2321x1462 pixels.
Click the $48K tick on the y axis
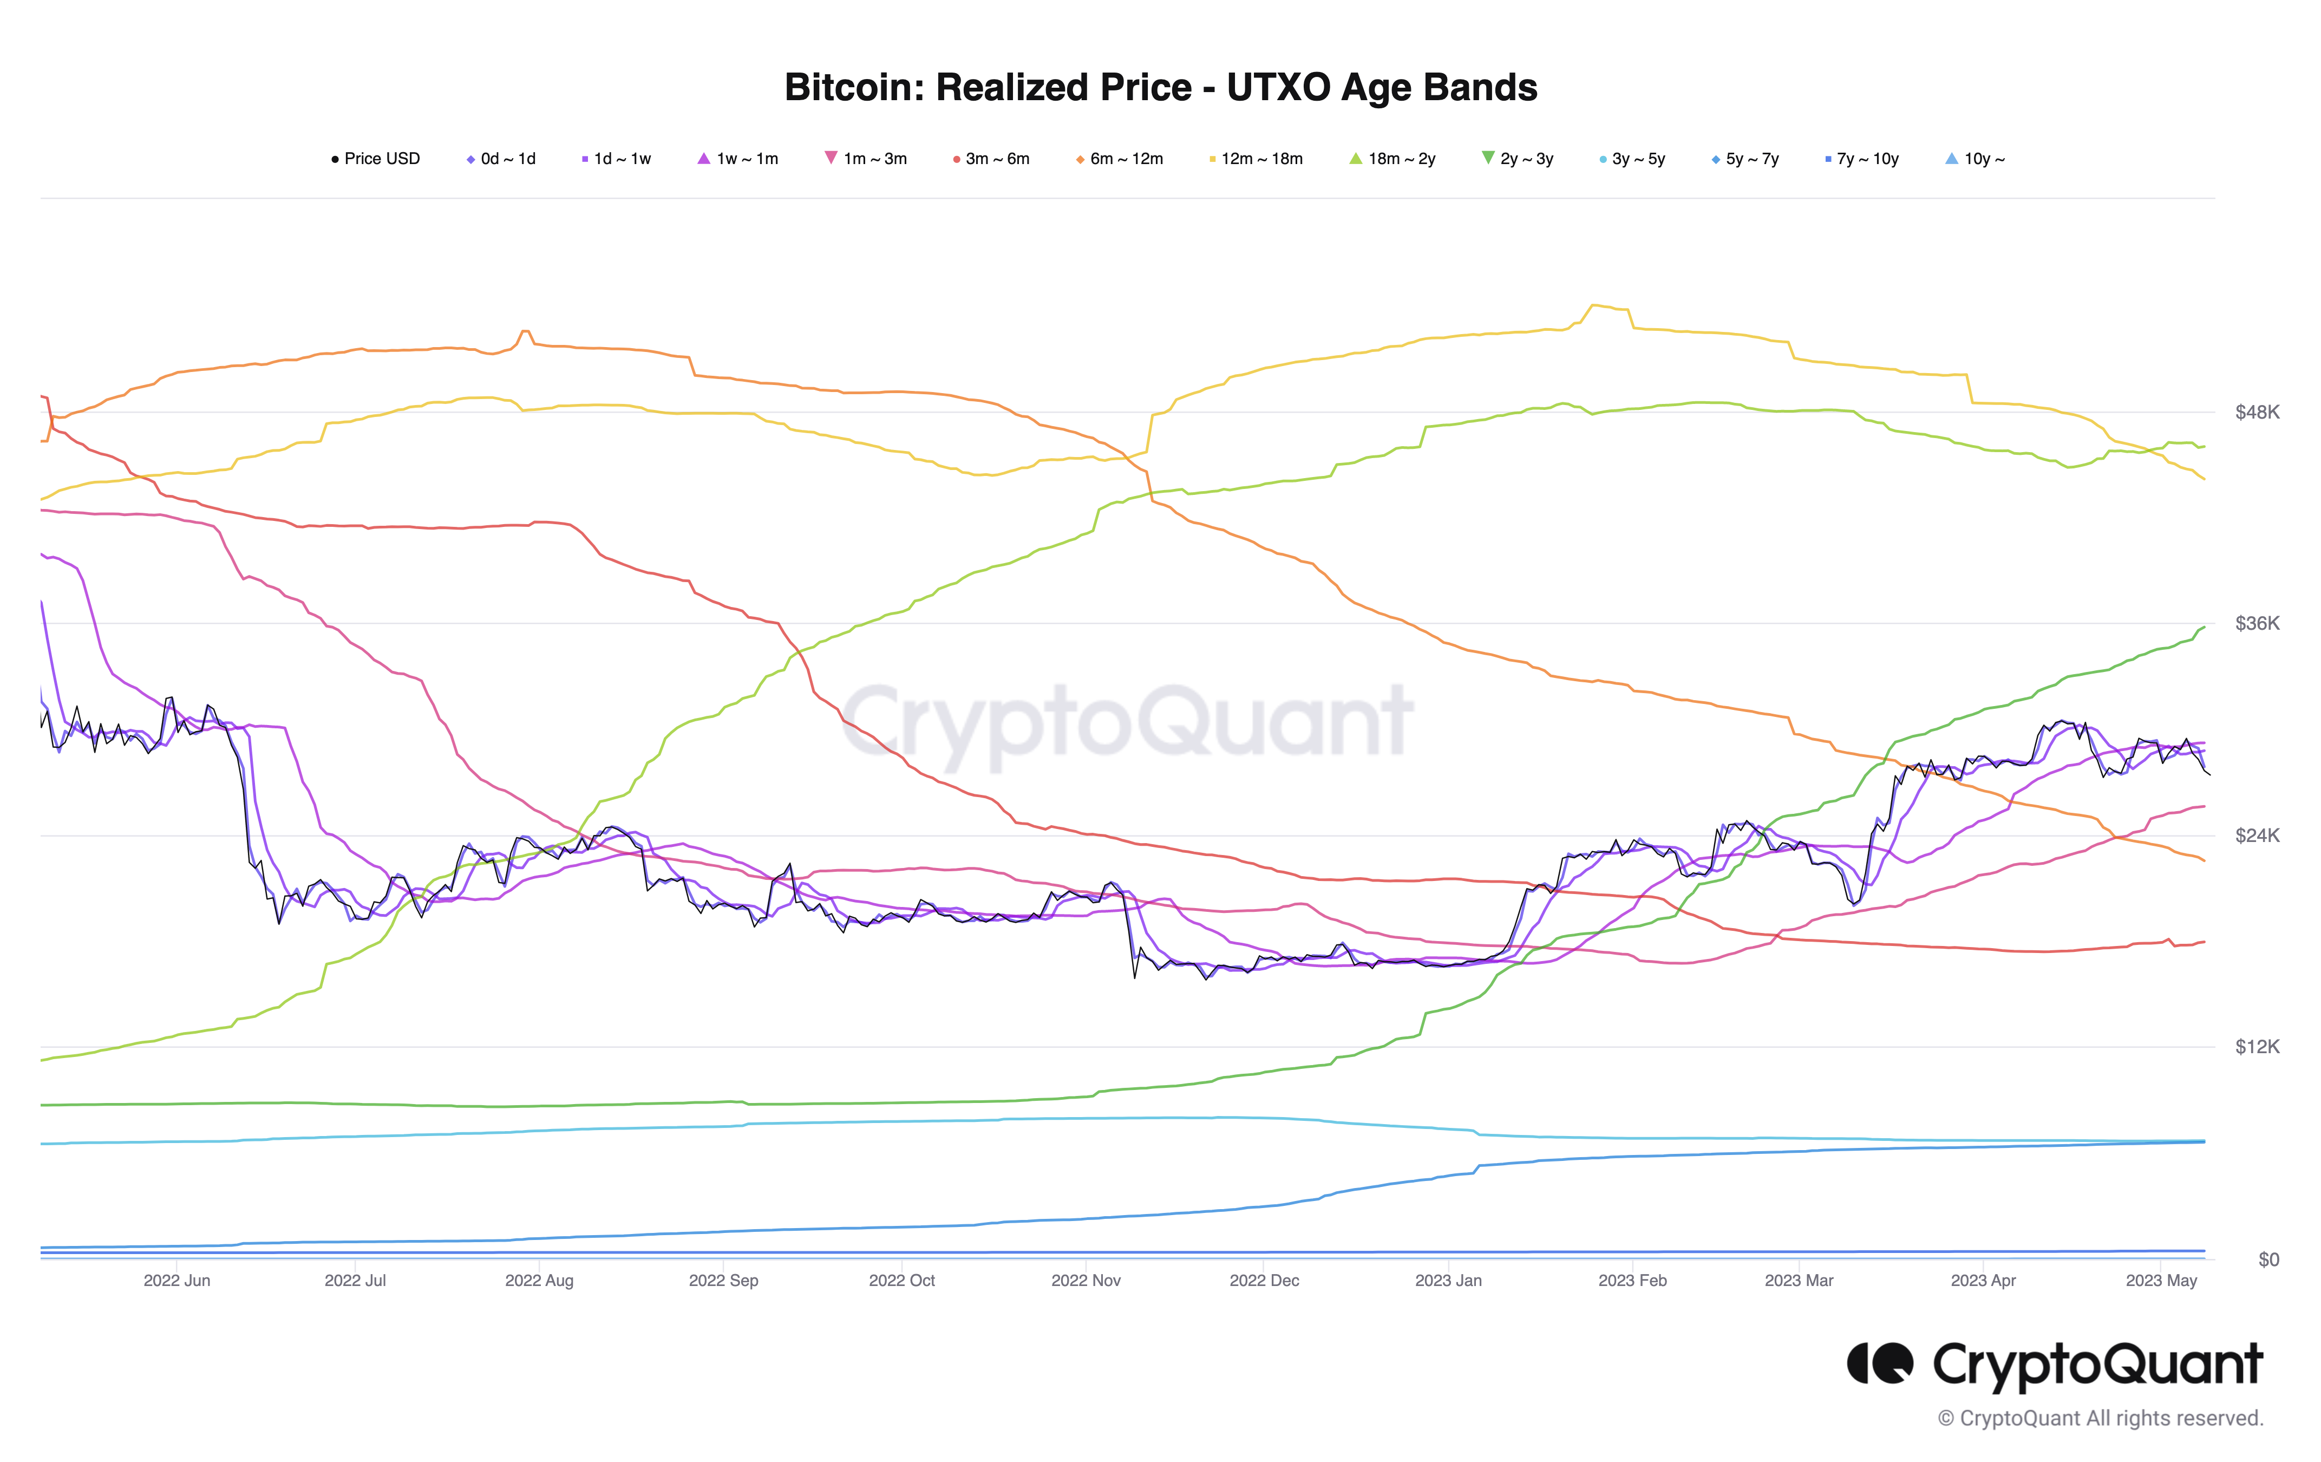[x=2257, y=413]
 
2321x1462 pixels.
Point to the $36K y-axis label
[x=2257, y=624]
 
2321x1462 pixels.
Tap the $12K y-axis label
[x=2257, y=1047]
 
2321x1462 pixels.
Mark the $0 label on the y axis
[x=2268, y=1259]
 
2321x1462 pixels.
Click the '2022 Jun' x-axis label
[x=176, y=1280]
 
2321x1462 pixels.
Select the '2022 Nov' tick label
[x=1086, y=1280]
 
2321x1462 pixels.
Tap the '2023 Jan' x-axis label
[x=1448, y=1280]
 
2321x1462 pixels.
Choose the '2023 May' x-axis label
[x=2161, y=1280]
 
